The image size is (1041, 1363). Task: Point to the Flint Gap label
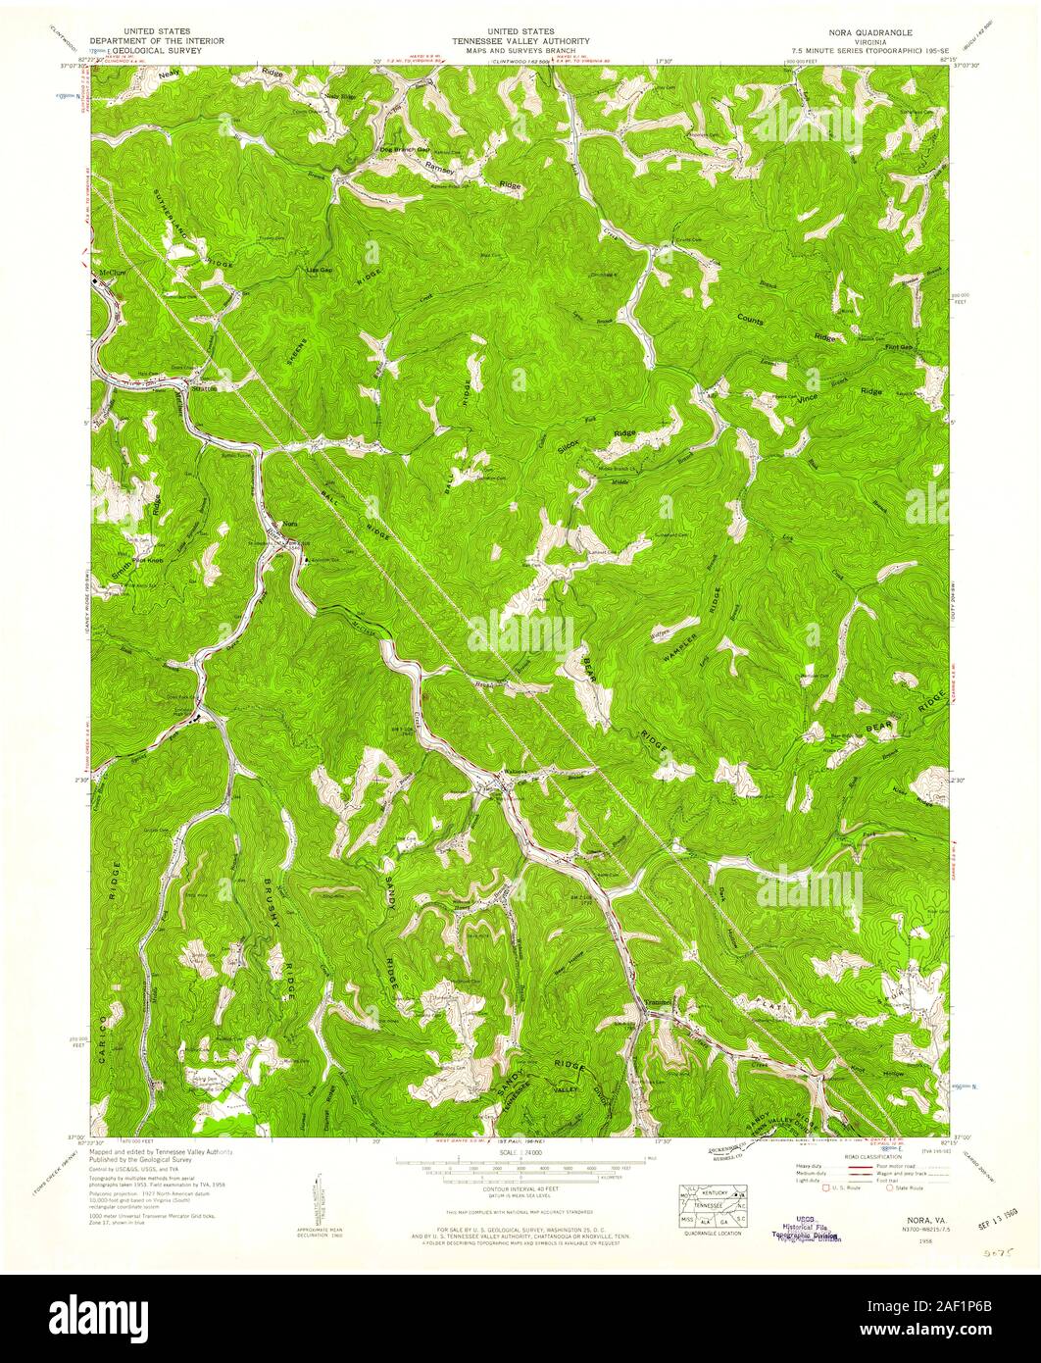[x=898, y=347]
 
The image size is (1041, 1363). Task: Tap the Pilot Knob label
[x=146, y=562]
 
